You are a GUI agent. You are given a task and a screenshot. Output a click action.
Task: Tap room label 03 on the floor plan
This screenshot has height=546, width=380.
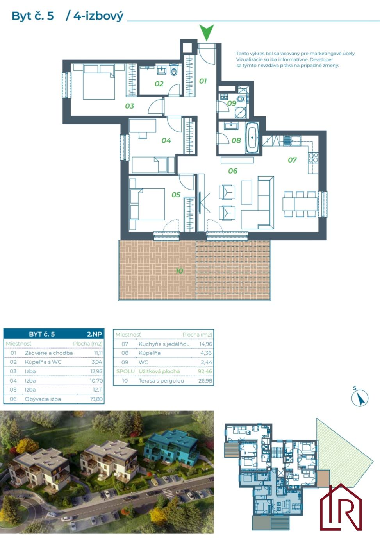(x=130, y=106)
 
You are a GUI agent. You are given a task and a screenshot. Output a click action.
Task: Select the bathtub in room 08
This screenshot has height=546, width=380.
(x=252, y=138)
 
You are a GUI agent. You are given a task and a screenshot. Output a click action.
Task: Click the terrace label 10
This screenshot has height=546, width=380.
(x=179, y=271)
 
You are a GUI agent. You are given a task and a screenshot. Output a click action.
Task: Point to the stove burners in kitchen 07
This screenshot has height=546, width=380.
(x=313, y=158)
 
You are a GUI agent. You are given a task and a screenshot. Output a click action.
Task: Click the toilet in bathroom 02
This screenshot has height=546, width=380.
(x=174, y=71)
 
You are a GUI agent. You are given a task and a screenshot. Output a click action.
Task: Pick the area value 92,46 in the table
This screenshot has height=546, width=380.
(x=205, y=371)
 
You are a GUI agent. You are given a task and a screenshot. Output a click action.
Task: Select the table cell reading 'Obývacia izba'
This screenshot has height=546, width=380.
(x=43, y=399)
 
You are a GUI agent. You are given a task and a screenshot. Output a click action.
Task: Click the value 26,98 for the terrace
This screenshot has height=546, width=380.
(x=205, y=381)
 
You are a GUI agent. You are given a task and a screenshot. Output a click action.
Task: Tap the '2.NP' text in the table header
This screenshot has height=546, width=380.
(x=95, y=334)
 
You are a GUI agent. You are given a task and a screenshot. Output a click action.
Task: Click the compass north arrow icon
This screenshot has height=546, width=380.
(x=360, y=398)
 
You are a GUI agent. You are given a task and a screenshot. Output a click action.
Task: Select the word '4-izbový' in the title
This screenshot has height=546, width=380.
(x=98, y=16)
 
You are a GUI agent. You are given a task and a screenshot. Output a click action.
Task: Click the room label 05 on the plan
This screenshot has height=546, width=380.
(x=176, y=195)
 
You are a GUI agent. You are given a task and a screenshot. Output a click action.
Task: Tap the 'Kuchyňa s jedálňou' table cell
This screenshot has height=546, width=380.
(x=164, y=344)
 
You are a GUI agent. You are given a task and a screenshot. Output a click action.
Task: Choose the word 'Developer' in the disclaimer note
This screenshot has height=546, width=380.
(x=321, y=59)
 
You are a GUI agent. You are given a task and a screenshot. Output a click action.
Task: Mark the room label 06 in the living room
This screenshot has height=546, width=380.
(x=233, y=171)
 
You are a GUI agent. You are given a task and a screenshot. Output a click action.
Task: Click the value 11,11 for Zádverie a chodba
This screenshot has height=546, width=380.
(x=98, y=353)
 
